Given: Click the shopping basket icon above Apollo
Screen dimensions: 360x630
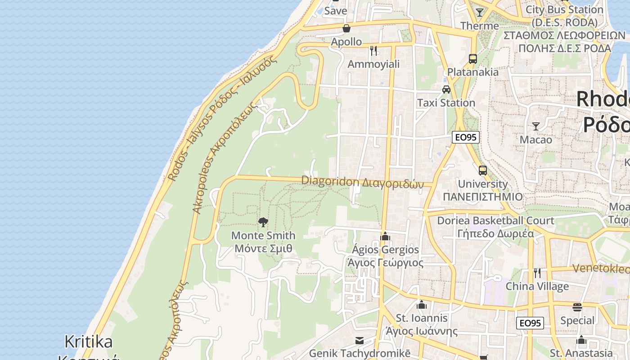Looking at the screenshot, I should pos(346,28).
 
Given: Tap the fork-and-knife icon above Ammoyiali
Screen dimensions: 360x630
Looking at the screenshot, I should pos(373,50).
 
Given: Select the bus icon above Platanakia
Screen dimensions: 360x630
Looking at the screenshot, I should pos(472,58).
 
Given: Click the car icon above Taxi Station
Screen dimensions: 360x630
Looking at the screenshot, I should pos(446,90).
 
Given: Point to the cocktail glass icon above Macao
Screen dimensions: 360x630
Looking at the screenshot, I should pos(535,126).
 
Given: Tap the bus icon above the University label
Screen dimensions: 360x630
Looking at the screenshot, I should pos(482,171).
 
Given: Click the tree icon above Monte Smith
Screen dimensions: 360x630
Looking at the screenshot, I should pos(263,222).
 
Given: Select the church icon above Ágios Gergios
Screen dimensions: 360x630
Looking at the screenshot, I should pos(385,236).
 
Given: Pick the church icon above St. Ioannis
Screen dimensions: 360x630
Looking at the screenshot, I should pos(421,305).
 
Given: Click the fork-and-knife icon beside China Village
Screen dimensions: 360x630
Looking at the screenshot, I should pos(537,273).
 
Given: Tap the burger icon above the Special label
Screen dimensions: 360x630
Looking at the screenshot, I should pos(577,307).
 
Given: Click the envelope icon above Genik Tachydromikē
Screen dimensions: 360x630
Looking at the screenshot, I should pos(359,340).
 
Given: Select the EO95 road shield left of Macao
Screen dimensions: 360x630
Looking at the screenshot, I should pos(465,137).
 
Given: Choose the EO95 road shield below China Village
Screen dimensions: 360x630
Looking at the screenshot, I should pos(530,323).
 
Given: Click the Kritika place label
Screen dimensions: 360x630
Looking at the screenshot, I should pos(89,342).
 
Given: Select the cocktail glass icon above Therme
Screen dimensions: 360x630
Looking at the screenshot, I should pos(480,13).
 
